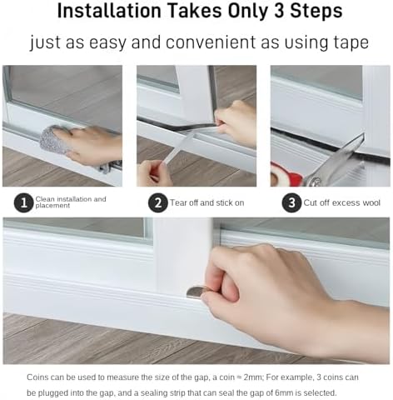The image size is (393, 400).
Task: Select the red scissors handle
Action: pyautogui.click(x=280, y=175)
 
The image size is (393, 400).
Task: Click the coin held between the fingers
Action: pyautogui.click(x=196, y=291)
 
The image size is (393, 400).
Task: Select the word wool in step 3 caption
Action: pyautogui.click(x=371, y=202)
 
